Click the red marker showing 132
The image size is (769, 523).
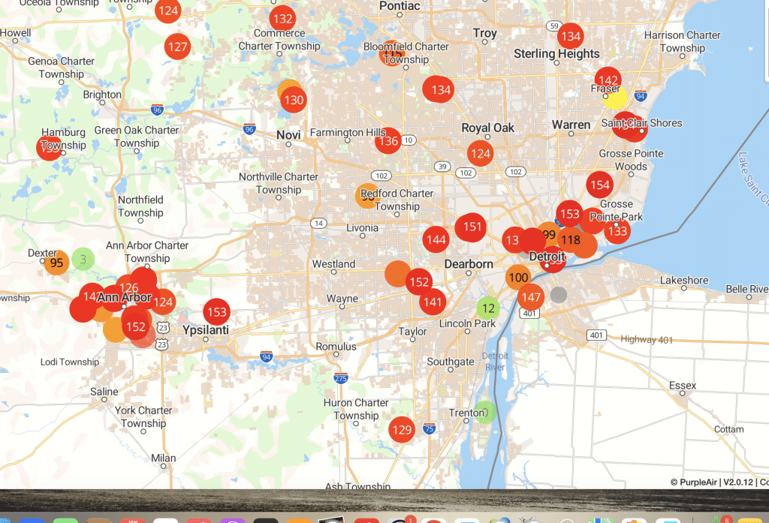283,19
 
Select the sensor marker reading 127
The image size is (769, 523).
178,47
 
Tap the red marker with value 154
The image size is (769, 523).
600,185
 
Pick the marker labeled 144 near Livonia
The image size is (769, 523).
436,240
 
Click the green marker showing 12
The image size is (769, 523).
488,308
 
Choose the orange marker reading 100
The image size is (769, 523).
518,278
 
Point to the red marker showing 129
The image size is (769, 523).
402,430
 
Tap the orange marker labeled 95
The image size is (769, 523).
56,263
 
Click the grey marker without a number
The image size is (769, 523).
558,295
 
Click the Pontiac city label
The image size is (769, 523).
400,6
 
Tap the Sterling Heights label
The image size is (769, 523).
556,54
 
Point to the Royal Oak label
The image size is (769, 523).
488,128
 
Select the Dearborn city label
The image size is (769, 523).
469,264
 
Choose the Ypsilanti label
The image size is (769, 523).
206,330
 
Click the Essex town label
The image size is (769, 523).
683,386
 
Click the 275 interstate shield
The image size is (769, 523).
342,379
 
